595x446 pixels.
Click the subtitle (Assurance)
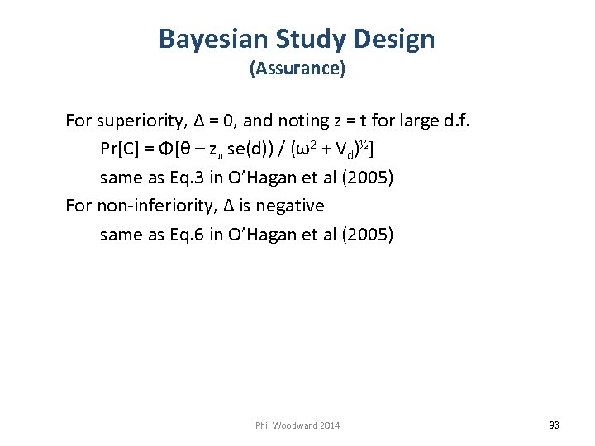pyautogui.click(x=297, y=69)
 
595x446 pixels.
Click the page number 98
pyautogui.click(x=555, y=425)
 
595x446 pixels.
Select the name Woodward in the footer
pyautogui.click(x=296, y=425)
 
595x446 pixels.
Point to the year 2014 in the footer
pyautogui.click(x=329, y=425)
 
